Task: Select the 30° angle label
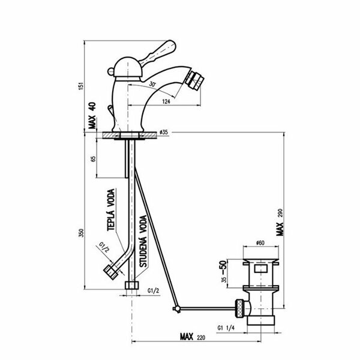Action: tap(154, 85)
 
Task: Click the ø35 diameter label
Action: tap(167, 132)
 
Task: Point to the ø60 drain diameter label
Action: tap(260, 242)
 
